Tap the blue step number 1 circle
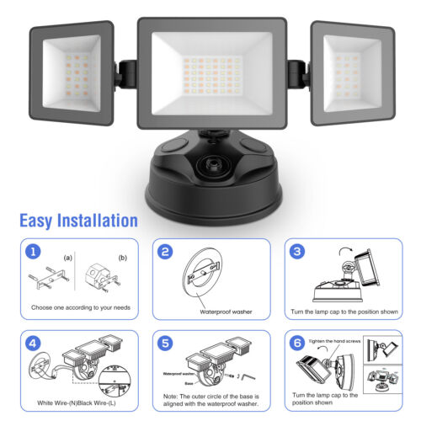pyautogui.click(x=31, y=252)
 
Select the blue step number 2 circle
pyautogui.click(x=166, y=252)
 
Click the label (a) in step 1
pyautogui.click(x=68, y=257)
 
